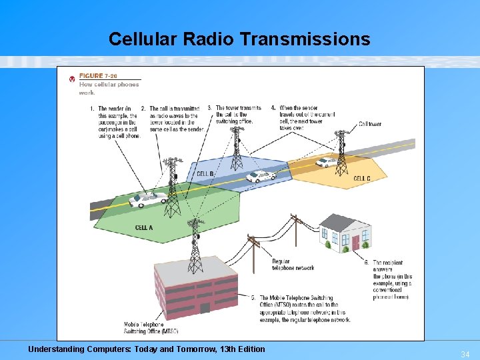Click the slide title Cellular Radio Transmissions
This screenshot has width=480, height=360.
pyautogui.click(x=239, y=39)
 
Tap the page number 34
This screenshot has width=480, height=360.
pyautogui.click(x=465, y=355)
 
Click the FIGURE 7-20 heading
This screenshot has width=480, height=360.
pyautogui.click(x=98, y=76)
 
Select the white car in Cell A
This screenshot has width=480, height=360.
pyautogui.click(x=148, y=199)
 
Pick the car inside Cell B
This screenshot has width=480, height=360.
pyautogui.click(x=260, y=177)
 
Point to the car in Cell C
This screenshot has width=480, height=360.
pyautogui.click(x=326, y=161)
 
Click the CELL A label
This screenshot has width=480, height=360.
pyautogui.click(x=144, y=228)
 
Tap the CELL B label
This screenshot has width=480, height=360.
pyautogui.click(x=205, y=174)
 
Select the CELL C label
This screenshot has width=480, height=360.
pyautogui.click(x=362, y=179)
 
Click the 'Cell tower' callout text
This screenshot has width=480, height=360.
pyautogui.click(x=370, y=124)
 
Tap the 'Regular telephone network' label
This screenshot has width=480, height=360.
pyautogui.click(x=293, y=264)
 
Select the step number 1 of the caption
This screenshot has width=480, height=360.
pyautogui.click(x=91, y=109)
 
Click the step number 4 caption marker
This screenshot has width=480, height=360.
pyautogui.click(x=273, y=108)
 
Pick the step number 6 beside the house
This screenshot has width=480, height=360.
pyautogui.click(x=367, y=263)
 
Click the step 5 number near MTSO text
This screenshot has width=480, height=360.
pyautogui.click(x=253, y=298)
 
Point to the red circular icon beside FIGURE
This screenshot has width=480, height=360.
pyautogui.click(x=72, y=79)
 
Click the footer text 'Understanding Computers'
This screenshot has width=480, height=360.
pyautogui.click(x=146, y=349)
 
